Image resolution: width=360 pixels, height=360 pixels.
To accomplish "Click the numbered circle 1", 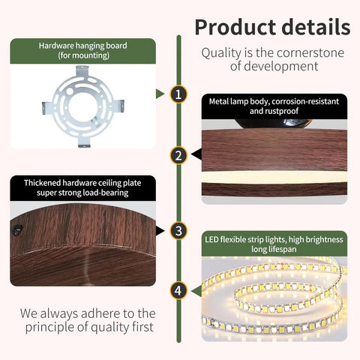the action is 178,94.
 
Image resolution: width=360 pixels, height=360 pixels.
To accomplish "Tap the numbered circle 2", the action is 178,155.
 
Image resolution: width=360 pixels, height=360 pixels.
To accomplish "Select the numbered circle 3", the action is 178,231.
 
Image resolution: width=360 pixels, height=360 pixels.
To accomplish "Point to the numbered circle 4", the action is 178,290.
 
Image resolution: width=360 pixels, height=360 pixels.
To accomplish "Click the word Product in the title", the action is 235,28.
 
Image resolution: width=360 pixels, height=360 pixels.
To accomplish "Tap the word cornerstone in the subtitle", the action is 310,53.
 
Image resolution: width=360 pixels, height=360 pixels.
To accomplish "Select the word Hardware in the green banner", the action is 56,46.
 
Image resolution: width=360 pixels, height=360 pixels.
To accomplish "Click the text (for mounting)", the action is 84,55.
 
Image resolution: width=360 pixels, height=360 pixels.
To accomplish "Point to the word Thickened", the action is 42,183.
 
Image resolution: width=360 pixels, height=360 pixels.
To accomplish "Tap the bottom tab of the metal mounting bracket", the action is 84,142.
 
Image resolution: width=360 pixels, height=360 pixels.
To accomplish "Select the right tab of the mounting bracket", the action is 118,105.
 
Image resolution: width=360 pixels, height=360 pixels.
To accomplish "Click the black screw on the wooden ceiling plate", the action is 17,229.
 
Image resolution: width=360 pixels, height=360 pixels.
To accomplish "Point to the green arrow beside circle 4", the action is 196,291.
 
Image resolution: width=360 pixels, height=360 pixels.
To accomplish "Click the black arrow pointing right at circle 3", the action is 160,231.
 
